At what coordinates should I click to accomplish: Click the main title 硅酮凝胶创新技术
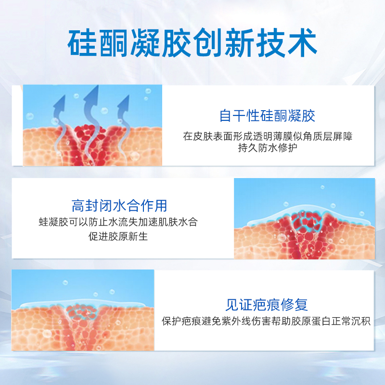192,42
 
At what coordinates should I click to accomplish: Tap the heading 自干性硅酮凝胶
267,115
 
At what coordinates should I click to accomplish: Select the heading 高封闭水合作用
119,206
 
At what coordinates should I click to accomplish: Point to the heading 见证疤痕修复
267,305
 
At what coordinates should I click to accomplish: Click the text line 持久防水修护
268,148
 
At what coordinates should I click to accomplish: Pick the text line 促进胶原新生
118,236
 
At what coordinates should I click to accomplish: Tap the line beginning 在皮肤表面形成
268,136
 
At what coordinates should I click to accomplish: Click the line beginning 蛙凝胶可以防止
118,222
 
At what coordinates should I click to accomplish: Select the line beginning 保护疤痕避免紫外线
266,321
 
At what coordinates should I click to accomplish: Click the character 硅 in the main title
82,43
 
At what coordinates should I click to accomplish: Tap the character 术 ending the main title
302,43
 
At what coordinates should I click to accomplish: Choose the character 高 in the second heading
78,206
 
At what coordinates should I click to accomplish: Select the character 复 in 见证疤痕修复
301,305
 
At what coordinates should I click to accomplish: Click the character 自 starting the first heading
225,115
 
